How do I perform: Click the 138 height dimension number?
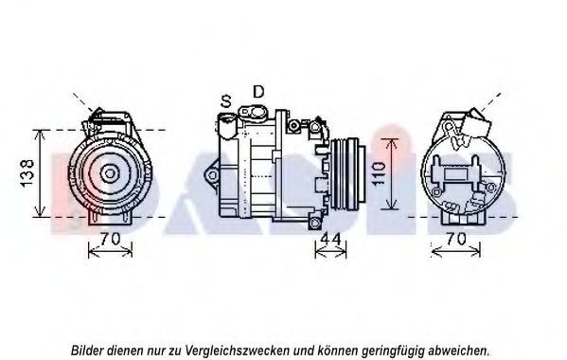coord(27,173)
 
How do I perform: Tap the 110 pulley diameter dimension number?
coord(379,174)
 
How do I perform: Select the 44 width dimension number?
coord(331,239)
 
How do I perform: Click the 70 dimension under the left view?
coord(110,239)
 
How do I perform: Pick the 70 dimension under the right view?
coord(455,239)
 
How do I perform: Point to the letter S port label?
coord(225,101)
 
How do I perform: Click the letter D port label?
coord(258,92)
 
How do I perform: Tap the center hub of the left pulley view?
coord(109,173)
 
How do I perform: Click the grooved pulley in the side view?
coord(346,173)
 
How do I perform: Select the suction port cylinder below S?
coord(226,126)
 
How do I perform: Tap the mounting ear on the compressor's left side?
coord(212,175)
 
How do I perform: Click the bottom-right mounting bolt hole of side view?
coord(315,222)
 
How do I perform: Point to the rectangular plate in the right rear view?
coord(456,174)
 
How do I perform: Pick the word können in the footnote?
coord(332,351)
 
